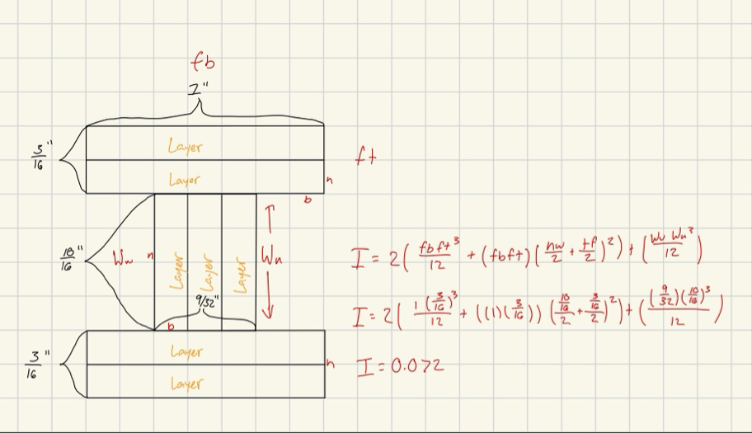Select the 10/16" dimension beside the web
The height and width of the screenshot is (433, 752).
pos(69,259)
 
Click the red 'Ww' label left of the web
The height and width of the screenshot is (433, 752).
pos(122,261)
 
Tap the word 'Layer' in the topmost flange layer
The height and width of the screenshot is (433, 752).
pos(185,147)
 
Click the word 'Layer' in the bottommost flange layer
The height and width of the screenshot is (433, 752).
pos(186,384)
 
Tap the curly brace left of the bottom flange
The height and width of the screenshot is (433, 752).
pos(72,364)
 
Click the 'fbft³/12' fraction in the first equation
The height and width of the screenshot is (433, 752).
pos(436,252)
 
